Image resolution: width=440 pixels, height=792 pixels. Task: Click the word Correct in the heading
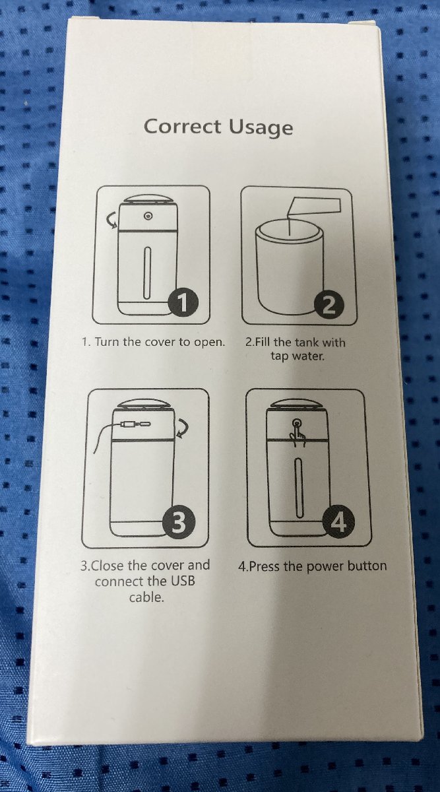tap(182, 126)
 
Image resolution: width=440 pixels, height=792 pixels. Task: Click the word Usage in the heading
tap(261, 128)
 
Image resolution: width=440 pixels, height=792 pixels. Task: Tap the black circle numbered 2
tap(329, 304)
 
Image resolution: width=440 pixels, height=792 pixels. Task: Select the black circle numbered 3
tap(179, 522)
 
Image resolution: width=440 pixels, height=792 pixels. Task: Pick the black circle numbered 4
tap(338, 522)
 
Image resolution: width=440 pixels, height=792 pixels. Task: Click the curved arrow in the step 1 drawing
tap(112, 220)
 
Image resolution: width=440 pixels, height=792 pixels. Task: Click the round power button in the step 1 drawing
tap(148, 215)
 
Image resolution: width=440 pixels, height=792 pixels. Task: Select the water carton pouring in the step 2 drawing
tap(313, 207)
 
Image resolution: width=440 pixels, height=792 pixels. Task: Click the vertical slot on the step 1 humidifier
tap(147, 272)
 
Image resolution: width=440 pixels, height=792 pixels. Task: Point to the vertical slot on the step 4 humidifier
tap(299, 487)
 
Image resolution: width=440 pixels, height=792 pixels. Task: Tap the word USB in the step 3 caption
tap(183, 581)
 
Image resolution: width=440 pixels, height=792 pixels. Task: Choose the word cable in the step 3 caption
tap(146, 597)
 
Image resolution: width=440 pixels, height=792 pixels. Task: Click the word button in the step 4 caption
tap(367, 566)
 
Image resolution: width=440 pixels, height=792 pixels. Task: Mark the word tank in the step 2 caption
tap(307, 343)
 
